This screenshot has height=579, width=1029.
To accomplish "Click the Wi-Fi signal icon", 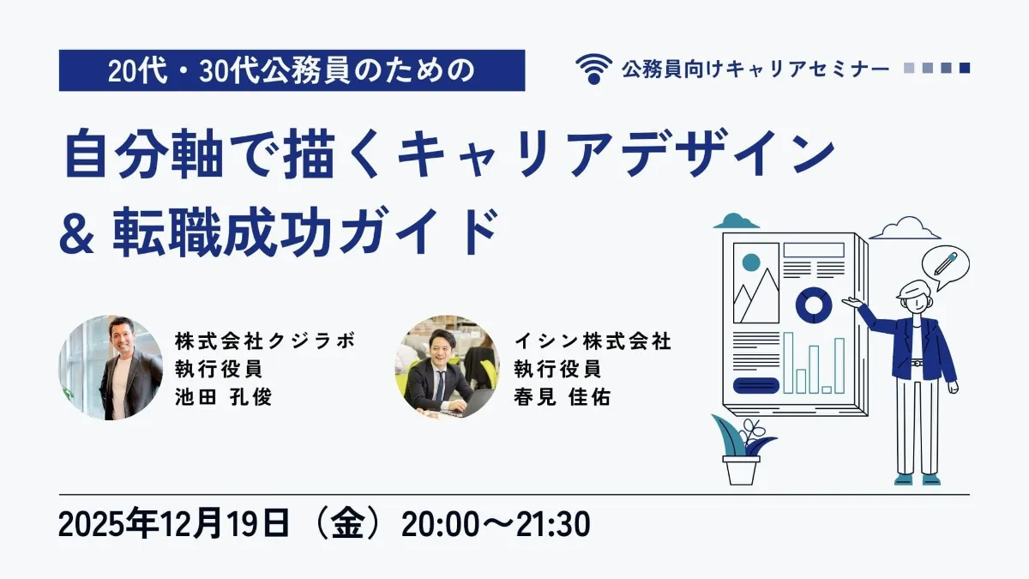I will coord(594,69).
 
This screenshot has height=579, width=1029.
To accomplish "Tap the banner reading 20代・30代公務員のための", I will coord(292,70).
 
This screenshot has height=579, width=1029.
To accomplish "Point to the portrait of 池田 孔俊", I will coord(110,367).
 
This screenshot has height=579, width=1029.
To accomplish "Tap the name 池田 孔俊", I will coord(222,398).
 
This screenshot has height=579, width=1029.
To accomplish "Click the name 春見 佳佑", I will coord(562,398).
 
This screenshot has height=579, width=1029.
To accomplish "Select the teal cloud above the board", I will coord(737,222).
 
